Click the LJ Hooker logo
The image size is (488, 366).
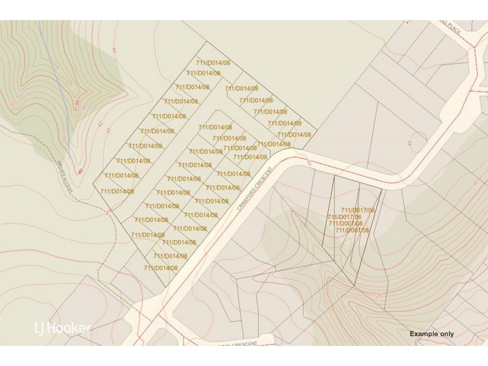[62, 328]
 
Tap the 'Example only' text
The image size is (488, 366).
[431, 334]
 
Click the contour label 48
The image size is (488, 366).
[410, 143]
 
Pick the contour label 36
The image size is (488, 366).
[29, 95]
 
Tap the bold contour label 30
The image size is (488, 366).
[77, 104]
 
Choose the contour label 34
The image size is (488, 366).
[84, 107]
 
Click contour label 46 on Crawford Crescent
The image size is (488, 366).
[309, 163]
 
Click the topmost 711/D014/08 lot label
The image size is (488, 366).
[213, 63]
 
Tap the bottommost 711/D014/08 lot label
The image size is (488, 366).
[161, 268]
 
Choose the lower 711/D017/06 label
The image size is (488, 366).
[345, 217]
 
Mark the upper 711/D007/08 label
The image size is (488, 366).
[346, 223]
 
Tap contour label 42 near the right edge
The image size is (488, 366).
[475, 182]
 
